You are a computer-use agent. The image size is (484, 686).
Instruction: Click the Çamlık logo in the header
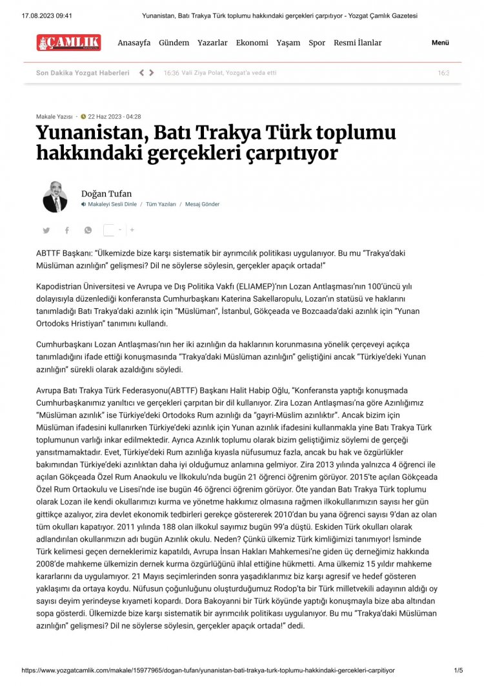68,43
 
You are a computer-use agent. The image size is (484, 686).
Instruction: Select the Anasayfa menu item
134,43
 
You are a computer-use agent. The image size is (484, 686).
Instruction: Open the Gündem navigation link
174,43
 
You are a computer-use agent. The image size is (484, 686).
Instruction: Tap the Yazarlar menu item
212,43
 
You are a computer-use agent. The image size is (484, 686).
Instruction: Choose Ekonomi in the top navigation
252,43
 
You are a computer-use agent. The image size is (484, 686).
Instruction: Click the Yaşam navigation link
288,43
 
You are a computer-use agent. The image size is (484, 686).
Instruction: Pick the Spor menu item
317,43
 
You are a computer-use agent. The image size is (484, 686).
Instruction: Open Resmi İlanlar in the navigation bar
358,43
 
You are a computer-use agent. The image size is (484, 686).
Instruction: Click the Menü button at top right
440,43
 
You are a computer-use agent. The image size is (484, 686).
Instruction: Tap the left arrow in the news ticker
142,73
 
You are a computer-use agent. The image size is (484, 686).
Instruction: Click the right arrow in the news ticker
152,73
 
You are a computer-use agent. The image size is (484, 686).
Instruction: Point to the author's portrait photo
55,197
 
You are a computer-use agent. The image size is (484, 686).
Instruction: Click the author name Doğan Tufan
106,193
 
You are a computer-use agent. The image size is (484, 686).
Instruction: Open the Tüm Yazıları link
161,204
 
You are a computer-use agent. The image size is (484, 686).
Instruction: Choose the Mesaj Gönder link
202,204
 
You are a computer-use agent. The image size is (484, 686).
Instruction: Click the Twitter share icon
46,230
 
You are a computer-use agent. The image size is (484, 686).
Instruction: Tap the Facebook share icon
66,230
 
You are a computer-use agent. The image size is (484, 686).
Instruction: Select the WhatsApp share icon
88,230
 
